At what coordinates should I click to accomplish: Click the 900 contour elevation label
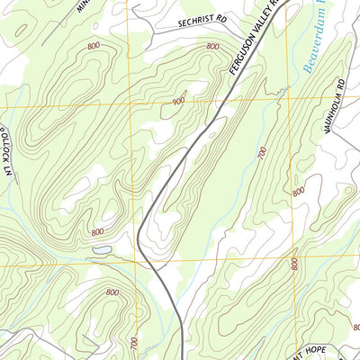pos(178,102)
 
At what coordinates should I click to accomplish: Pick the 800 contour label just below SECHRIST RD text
pos(211,46)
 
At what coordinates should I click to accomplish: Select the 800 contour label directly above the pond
pos(97,232)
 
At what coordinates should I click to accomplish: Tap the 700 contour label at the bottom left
pos(135,343)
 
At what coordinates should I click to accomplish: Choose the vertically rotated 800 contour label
pos(293,264)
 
